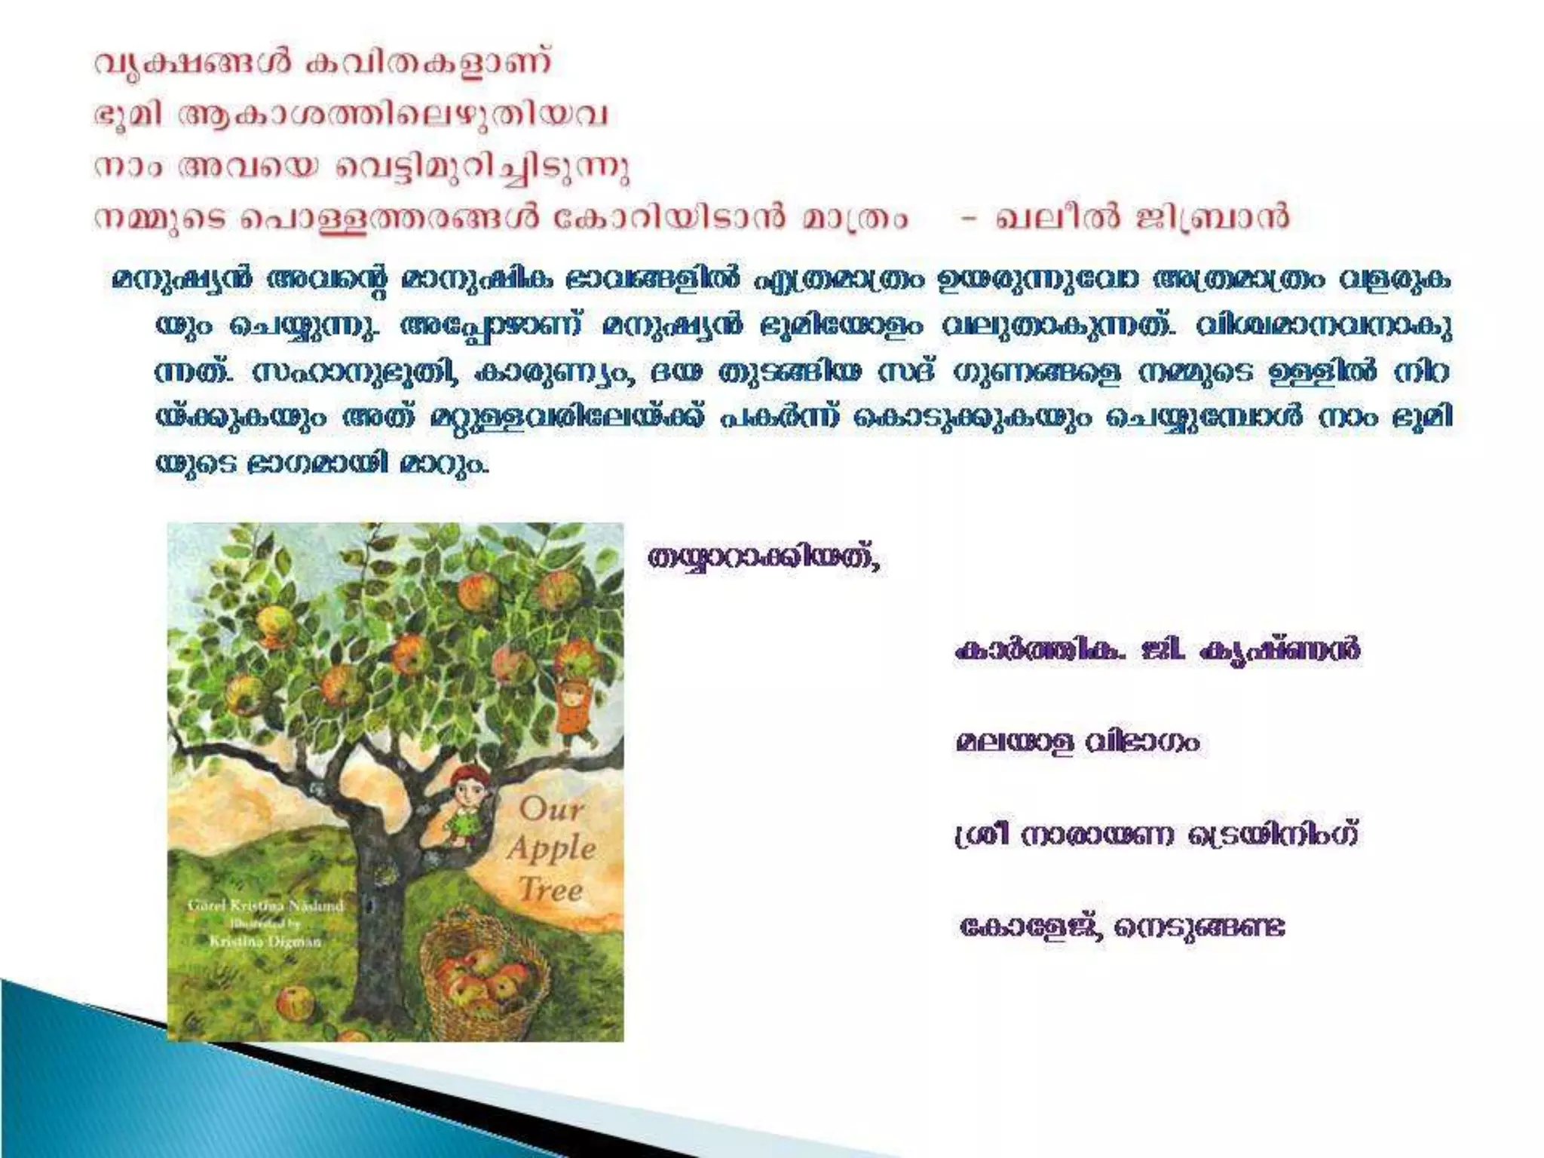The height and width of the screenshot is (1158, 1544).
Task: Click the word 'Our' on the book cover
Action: pyautogui.click(x=551, y=809)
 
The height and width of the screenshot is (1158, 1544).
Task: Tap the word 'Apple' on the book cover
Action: pyautogui.click(x=552, y=850)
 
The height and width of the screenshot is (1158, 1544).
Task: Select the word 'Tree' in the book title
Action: pyautogui.click(x=551, y=890)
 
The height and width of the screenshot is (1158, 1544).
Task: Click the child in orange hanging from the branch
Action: pyautogui.click(x=574, y=705)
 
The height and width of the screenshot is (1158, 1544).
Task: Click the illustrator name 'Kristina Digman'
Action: pyautogui.click(x=265, y=940)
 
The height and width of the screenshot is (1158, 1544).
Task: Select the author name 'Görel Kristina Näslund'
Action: pyautogui.click(x=265, y=905)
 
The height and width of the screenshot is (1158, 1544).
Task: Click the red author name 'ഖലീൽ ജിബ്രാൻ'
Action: pyautogui.click(x=1142, y=218)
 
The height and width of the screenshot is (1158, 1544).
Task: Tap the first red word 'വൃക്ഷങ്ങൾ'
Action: pyautogui.click(x=192, y=63)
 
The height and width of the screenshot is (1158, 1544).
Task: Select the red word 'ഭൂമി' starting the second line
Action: pyautogui.click(x=127, y=115)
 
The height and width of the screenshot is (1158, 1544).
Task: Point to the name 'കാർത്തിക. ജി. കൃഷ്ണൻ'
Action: pyautogui.click(x=1157, y=650)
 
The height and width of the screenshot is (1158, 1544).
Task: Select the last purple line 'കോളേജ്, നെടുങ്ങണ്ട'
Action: pyautogui.click(x=1122, y=927)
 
